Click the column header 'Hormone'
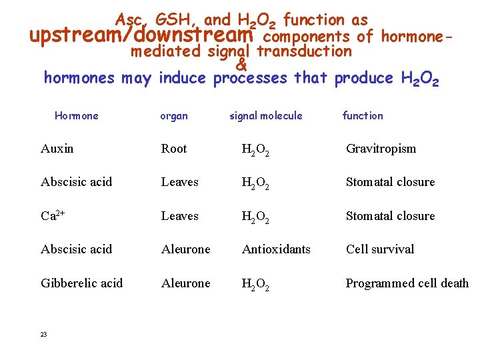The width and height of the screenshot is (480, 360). coord(76,116)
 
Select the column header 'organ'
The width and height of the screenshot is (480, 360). coord(174,116)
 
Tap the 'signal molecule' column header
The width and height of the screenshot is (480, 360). coord(265,116)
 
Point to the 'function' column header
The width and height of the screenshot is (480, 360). coord(363,116)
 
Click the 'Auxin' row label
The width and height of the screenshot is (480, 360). coord(57,149)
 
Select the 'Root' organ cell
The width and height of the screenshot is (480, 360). coord(174,149)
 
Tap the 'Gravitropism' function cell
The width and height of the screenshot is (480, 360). coord(381,149)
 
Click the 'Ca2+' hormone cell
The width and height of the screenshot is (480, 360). coord(53,216)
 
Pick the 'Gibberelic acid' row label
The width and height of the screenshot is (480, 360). coord(82,283)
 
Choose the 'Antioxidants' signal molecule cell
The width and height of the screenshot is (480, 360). coord(276,249)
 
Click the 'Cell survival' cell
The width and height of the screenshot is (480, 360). coord(380,249)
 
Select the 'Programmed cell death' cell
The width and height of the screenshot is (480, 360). coord(407,283)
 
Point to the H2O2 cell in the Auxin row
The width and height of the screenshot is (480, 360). coord(256,150)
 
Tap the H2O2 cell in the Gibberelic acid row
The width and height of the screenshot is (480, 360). coord(256,285)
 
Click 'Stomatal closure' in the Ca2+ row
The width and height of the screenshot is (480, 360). coord(390,216)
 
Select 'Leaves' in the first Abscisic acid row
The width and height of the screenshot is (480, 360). coord(180,182)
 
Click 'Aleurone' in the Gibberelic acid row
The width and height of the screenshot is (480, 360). coord(185,283)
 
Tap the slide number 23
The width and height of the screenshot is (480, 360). coord(43,335)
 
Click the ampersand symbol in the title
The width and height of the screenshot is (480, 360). coord(241,65)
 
